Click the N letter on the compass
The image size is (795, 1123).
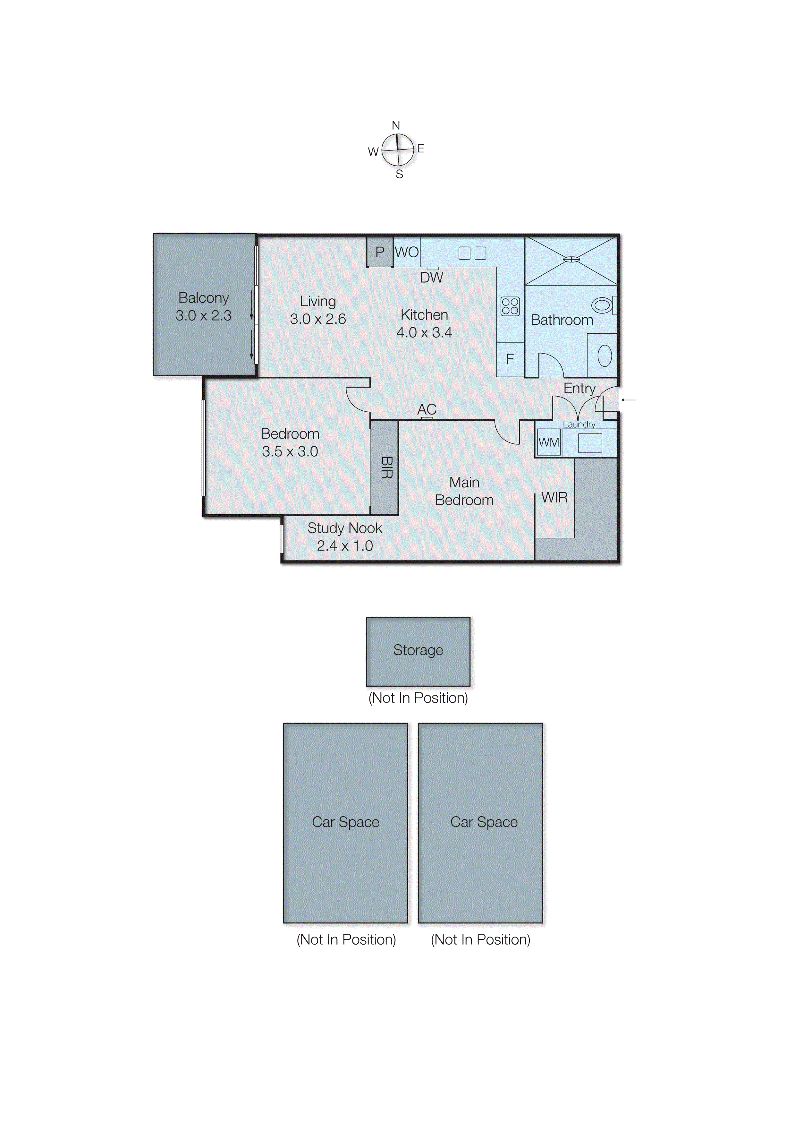point(396,125)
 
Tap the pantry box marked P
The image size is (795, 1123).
point(380,252)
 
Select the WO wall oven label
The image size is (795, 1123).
point(407,252)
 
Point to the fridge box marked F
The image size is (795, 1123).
point(510,359)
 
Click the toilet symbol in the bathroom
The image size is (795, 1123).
point(603,305)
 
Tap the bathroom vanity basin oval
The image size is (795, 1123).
point(605,356)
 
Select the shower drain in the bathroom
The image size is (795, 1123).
point(571,259)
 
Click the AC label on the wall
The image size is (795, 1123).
point(427,409)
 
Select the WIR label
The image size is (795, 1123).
point(554,498)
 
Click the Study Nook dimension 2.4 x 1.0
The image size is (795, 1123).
point(345,545)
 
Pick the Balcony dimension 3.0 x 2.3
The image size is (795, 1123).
point(204,315)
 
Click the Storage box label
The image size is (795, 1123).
point(418,650)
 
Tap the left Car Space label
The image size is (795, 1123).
point(346,822)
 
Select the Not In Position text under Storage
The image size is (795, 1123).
point(418,698)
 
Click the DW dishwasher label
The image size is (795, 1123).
point(431,278)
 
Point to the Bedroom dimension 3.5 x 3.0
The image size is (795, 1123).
point(290,451)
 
